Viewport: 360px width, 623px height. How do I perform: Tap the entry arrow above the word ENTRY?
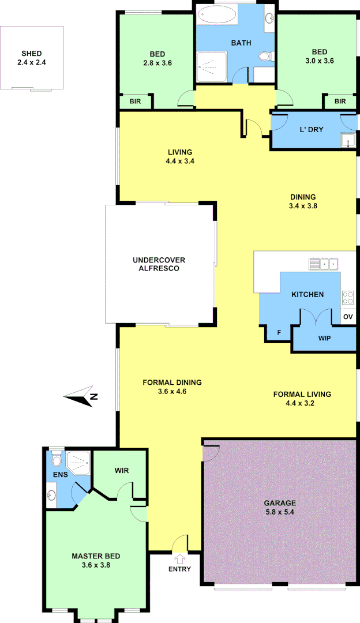click(179, 558)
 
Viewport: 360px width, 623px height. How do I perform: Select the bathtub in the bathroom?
click(216, 14)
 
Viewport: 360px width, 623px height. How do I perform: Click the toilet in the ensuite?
click(56, 460)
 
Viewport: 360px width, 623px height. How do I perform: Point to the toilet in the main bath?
click(264, 57)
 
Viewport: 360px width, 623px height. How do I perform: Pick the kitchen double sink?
click(324, 264)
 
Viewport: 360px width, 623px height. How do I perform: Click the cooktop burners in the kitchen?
click(348, 298)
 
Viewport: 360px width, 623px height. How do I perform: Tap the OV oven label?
click(347, 317)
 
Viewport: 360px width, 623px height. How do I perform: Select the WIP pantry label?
click(324, 338)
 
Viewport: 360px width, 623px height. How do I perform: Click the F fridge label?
click(279, 333)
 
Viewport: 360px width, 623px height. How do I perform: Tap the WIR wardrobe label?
click(121, 471)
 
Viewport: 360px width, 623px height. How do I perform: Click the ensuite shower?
click(78, 461)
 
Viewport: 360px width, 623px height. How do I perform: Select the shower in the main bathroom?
click(212, 67)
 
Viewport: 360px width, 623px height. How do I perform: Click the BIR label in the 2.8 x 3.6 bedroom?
click(136, 102)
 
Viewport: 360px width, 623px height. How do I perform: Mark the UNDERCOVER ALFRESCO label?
click(159, 264)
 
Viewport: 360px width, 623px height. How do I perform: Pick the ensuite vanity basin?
click(52, 495)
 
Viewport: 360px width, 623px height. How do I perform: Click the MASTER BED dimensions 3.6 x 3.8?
click(96, 565)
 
